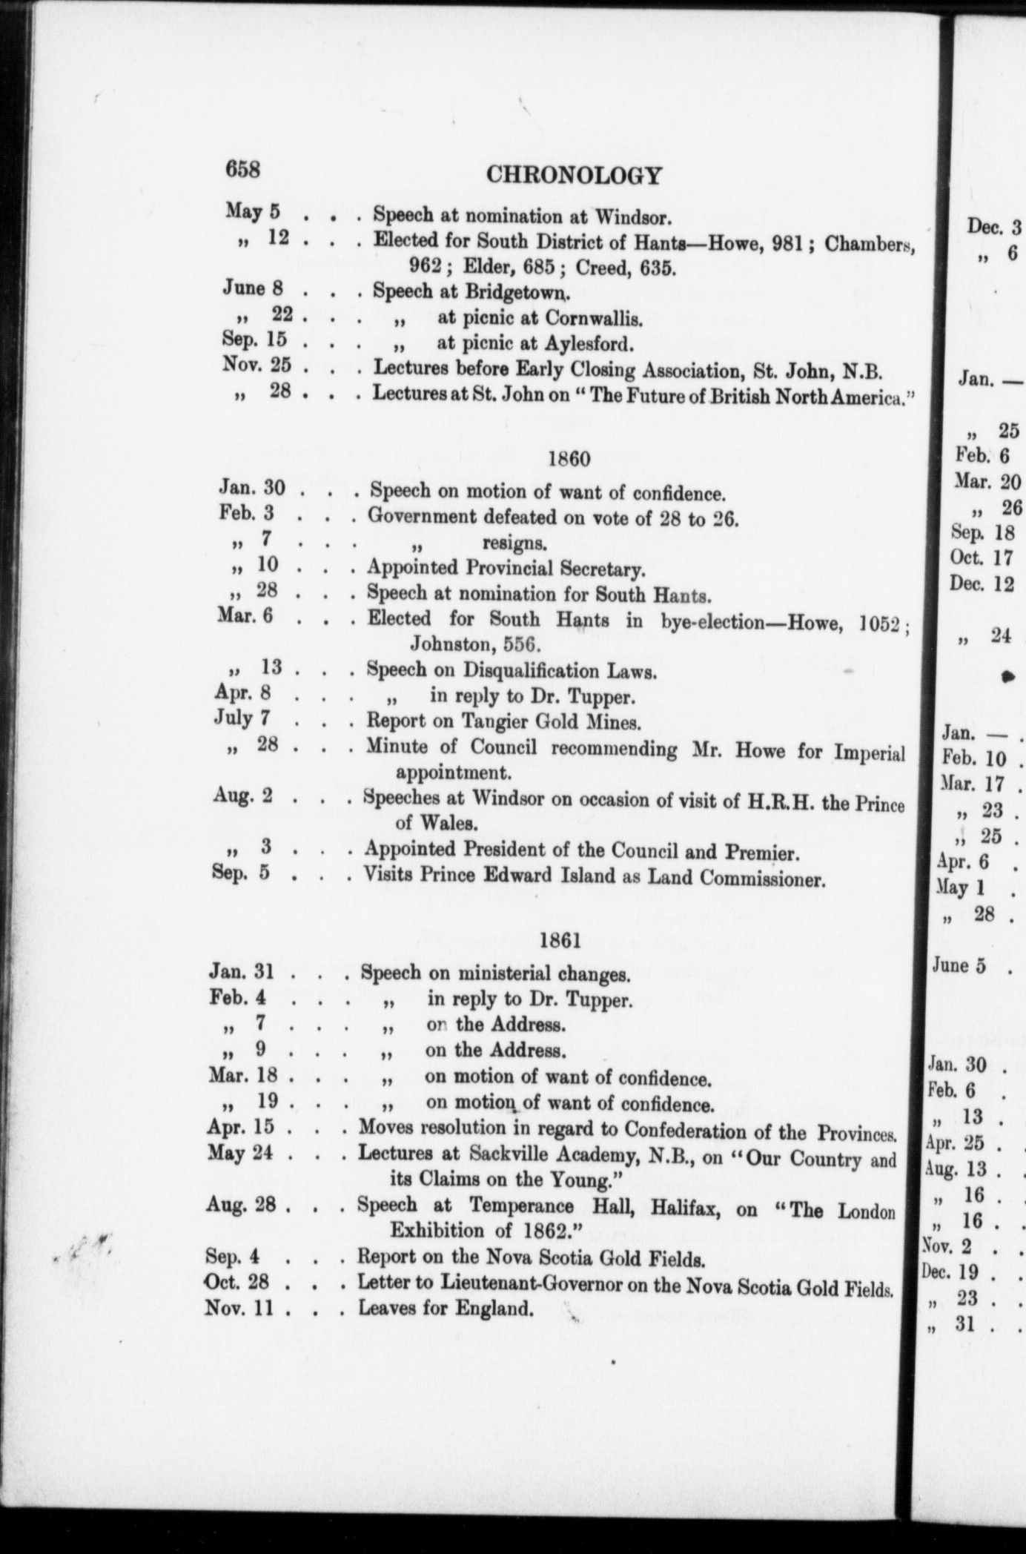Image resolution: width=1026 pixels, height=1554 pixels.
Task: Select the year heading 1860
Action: tap(569, 459)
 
